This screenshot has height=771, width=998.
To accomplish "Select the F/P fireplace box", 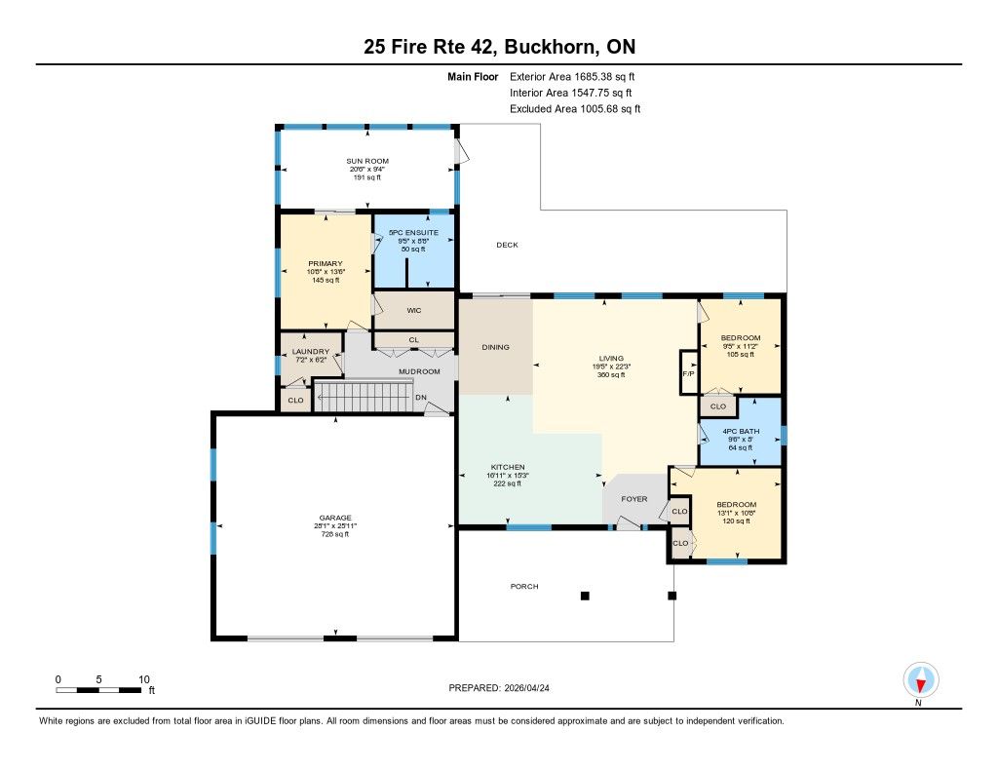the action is (689, 372).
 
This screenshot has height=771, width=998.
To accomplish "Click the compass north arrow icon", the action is (920, 680).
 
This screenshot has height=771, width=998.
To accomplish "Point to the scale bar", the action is (98, 690).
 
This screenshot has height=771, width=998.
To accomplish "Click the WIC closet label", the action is (413, 311).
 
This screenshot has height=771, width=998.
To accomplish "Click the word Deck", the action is (507, 245).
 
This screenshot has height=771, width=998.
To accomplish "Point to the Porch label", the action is (524, 587).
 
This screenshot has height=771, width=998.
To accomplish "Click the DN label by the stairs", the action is (421, 398).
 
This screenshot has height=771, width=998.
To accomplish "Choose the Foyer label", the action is (633, 499).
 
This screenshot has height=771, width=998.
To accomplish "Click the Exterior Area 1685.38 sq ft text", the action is (572, 76).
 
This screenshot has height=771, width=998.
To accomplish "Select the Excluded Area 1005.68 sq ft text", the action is (575, 109).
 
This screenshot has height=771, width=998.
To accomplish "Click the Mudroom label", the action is (419, 371).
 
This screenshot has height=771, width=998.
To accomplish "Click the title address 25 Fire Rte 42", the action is (433, 47).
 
